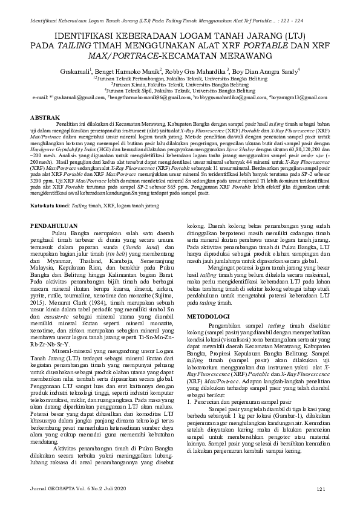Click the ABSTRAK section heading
pyautogui.click(x=45, y=115)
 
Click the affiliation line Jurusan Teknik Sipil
pyautogui.click(x=180, y=89)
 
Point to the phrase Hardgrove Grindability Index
pyautogui.click(x=64, y=149)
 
